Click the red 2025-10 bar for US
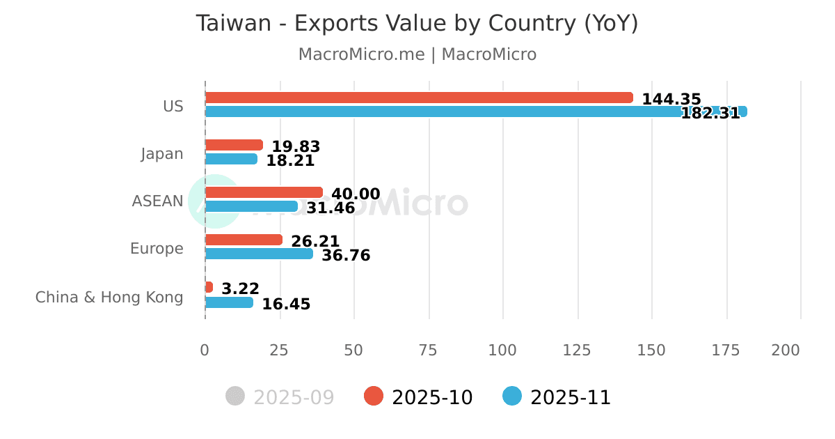(x=419, y=98)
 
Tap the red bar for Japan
(x=234, y=145)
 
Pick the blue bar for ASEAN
(x=251, y=206)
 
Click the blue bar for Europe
(x=259, y=254)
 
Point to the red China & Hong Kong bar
(x=209, y=287)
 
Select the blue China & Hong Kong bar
(x=229, y=302)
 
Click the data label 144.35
(x=671, y=100)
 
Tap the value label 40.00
(x=356, y=194)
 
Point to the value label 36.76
(x=346, y=256)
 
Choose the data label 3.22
(x=240, y=288)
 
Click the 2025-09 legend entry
(x=280, y=397)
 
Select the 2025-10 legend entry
(x=419, y=397)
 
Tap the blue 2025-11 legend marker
(x=512, y=396)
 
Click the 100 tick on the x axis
(x=502, y=351)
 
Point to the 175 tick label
(x=726, y=351)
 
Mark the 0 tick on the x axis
(x=205, y=351)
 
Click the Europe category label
(x=157, y=249)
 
